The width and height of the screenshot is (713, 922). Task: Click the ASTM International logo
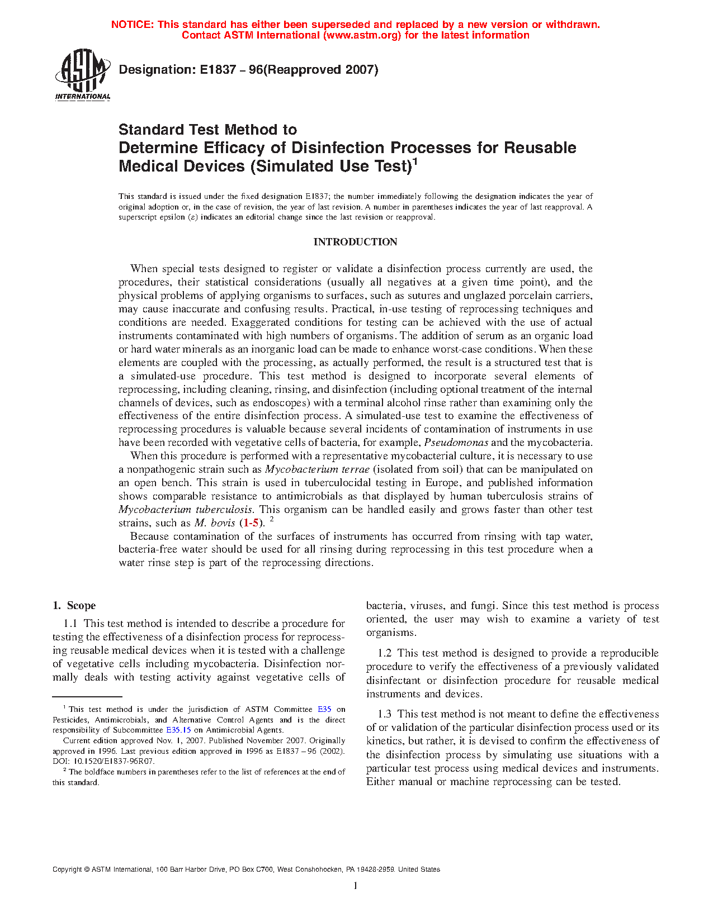pos(83,74)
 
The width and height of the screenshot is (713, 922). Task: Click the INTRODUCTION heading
pos(355,242)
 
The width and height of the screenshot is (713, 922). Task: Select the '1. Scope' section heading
pos(74,606)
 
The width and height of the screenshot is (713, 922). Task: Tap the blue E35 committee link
pos(324,710)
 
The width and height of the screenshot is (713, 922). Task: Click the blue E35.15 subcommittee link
pos(178,730)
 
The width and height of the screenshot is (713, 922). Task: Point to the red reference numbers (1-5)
pos(249,523)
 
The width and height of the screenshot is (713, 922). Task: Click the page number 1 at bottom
pos(355,886)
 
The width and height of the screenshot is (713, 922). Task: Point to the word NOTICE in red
pos(132,25)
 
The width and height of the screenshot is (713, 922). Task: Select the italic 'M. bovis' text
pos(215,523)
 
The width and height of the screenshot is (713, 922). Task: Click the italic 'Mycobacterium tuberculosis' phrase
pos(186,510)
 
